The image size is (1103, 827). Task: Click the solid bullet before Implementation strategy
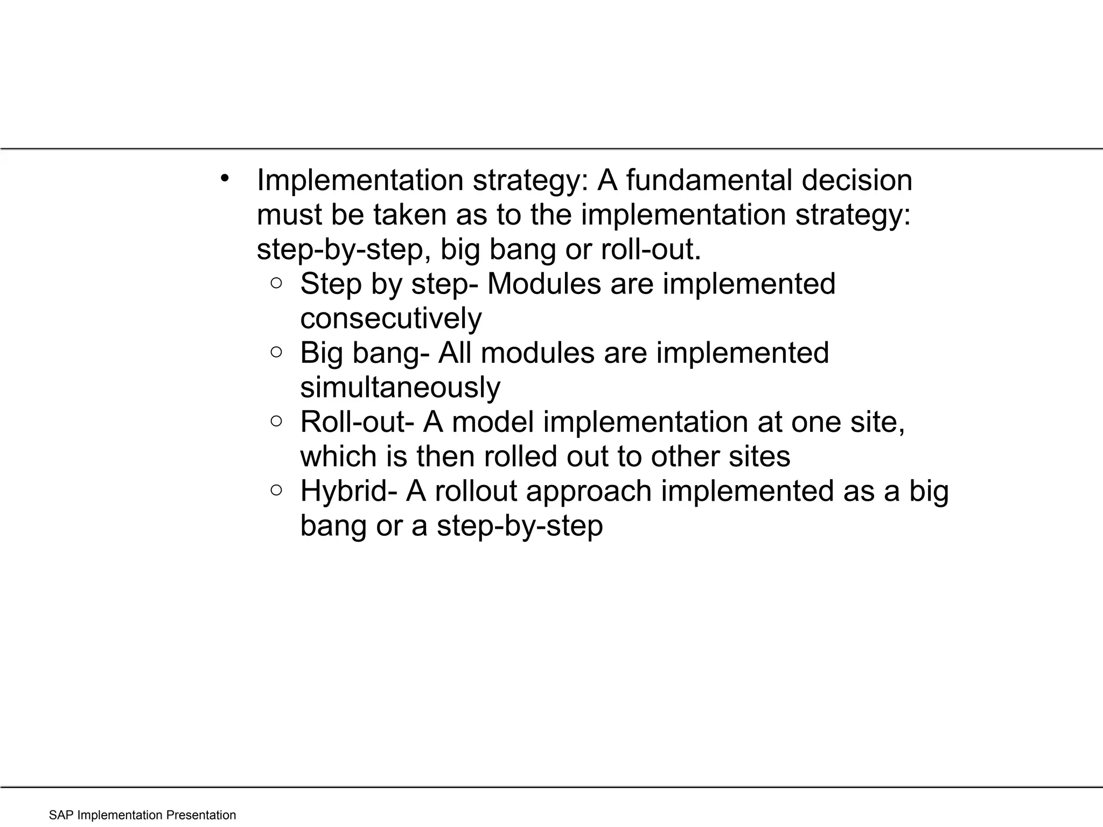tap(225, 179)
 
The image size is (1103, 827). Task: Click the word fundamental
tap(708, 180)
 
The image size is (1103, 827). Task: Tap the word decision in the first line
tap(857, 180)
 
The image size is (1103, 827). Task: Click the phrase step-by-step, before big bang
tap(344, 250)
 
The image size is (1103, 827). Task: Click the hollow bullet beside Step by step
tap(276, 283)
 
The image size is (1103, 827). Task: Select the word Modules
tap(543, 284)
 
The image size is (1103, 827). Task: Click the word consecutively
tap(390, 319)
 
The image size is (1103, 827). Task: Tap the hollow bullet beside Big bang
tap(276, 352)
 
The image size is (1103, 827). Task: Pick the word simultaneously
tap(400, 388)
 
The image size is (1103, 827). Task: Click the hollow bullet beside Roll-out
tap(276, 421)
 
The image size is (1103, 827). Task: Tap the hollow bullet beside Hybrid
tap(276, 490)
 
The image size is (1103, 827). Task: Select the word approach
tap(588, 491)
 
